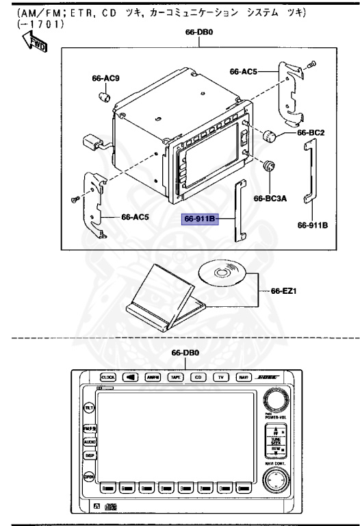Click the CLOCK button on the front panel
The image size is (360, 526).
(108, 377)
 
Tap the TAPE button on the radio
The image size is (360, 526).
(176, 377)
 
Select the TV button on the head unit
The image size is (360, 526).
(221, 377)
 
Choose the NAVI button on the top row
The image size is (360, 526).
(244, 377)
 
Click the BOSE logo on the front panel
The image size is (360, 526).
(267, 377)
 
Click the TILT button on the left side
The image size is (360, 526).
(88, 408)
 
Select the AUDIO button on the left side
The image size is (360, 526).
(90, 442)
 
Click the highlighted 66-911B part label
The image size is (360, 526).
(200, 219)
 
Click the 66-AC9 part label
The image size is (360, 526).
(105, 78)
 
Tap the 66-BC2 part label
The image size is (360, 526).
(311, 132)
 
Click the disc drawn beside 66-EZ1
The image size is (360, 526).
(221, 273)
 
